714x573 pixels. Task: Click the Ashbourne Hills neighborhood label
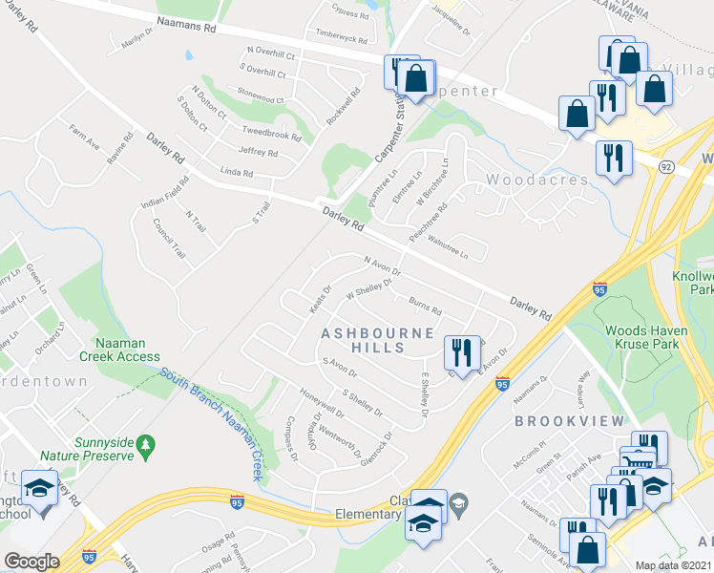pyautogui.click(x=377, y=340)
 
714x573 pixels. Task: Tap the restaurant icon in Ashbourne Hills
pyautogui.click(x=462, y=351)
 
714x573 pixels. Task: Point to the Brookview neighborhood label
pyautogui.click(x=569, y=420)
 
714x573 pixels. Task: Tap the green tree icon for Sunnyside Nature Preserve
pyautogui.click(x=145, y=445)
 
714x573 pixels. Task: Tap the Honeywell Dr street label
pyautogui.click(x=321, y=405)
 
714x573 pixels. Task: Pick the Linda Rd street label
pyautogui.click(x=236, y=174)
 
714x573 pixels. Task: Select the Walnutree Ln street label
pyautogui.click(x=449, y=249)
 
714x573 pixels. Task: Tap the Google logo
pyautogui.click(x=31, y=562)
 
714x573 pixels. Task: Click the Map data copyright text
pyautogui.click(x=674, y=565)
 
